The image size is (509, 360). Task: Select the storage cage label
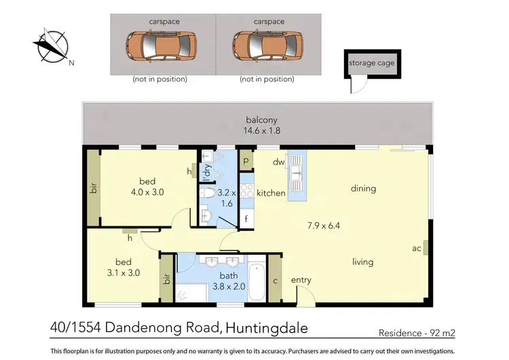coord(371,63)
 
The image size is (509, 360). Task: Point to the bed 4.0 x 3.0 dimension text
coord(147,192)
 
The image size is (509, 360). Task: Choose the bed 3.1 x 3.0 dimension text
coord(128,273)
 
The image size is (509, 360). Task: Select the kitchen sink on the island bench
coord(297,175)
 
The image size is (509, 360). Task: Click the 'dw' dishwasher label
coord(278,162)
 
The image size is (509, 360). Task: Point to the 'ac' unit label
coord(417,249)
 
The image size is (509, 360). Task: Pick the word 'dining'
coord(363,188)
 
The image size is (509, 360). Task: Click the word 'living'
coord(364,261)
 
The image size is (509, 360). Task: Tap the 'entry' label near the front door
coord(301,280)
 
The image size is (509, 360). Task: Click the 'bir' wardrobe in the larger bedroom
coord(94,190)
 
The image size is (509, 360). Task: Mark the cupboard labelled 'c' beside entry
coord(275,278)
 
